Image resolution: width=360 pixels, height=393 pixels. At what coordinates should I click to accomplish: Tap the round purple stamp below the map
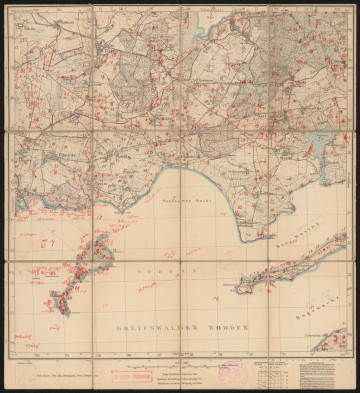tap(231, 369)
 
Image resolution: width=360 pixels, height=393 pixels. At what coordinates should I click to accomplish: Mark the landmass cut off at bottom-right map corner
tap(333, 341)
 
